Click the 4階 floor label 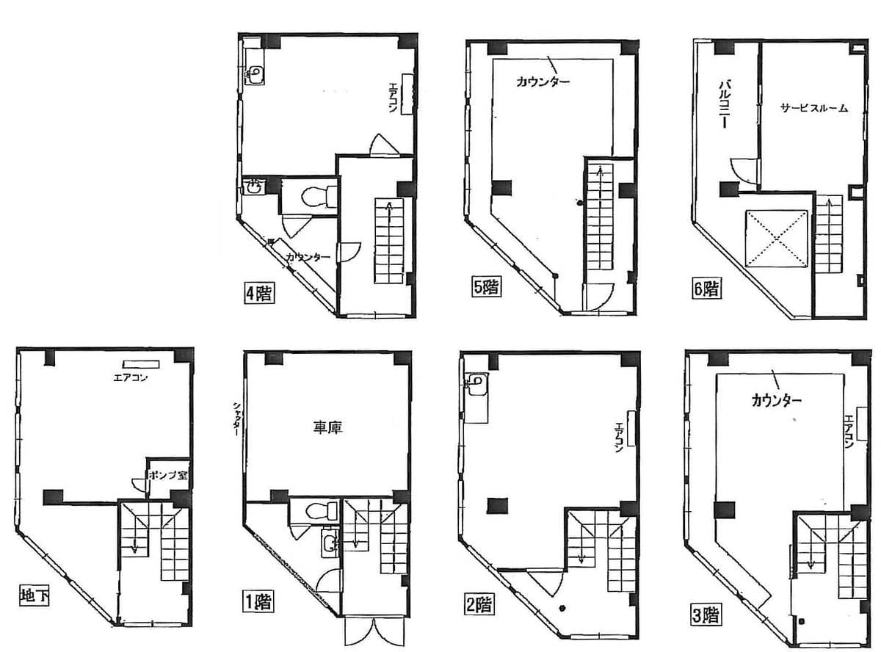[x=259, y=294]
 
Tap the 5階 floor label [x=486, y=287]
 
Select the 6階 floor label [x=706, y=288]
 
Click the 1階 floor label [x=258, y=602]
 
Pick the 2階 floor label [x=479, y=605]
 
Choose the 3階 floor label [x=706, y=615]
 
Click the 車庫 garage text [x=327, y=427]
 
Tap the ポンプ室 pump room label [x=168, y=475]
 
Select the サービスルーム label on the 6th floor [x=814, y=108]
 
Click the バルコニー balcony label [x=725, y=104]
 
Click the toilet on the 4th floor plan [x=319, y=197]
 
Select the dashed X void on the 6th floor [x=777, y=239]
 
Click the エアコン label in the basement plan [x=130, y=377]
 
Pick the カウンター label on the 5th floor [x=543, y=81]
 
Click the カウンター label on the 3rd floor [x=777, y=400]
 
